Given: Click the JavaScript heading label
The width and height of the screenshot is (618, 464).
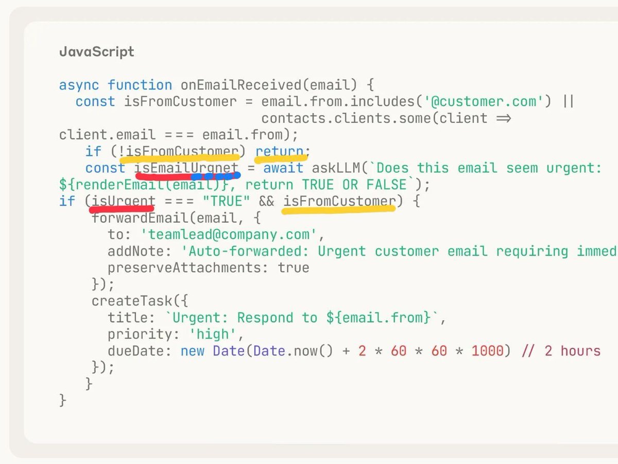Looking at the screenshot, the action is pos(97,52).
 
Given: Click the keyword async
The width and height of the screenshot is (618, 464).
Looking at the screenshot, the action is pos(79,85).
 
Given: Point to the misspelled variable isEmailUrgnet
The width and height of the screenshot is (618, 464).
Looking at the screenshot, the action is pos(186,168).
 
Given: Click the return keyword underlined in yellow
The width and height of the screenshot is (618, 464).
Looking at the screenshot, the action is pos(280,152).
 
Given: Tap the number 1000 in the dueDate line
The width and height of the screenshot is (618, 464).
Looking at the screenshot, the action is pos(487,351).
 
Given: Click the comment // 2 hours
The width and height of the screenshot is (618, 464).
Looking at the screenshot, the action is pos(561,351).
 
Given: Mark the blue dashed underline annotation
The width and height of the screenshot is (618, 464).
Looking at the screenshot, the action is pos(215,176).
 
